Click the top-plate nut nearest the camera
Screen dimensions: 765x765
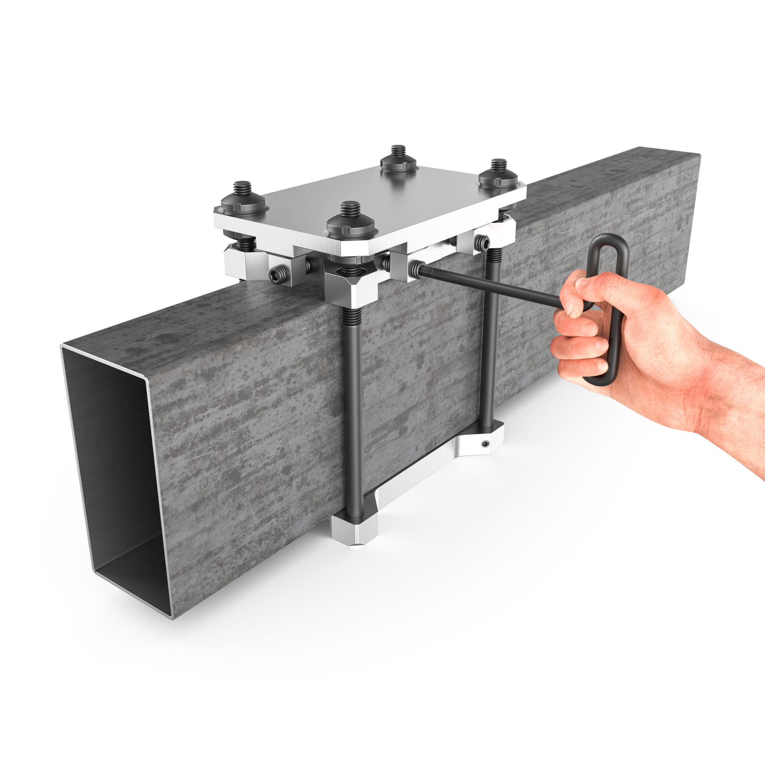(x=351, y=225)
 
